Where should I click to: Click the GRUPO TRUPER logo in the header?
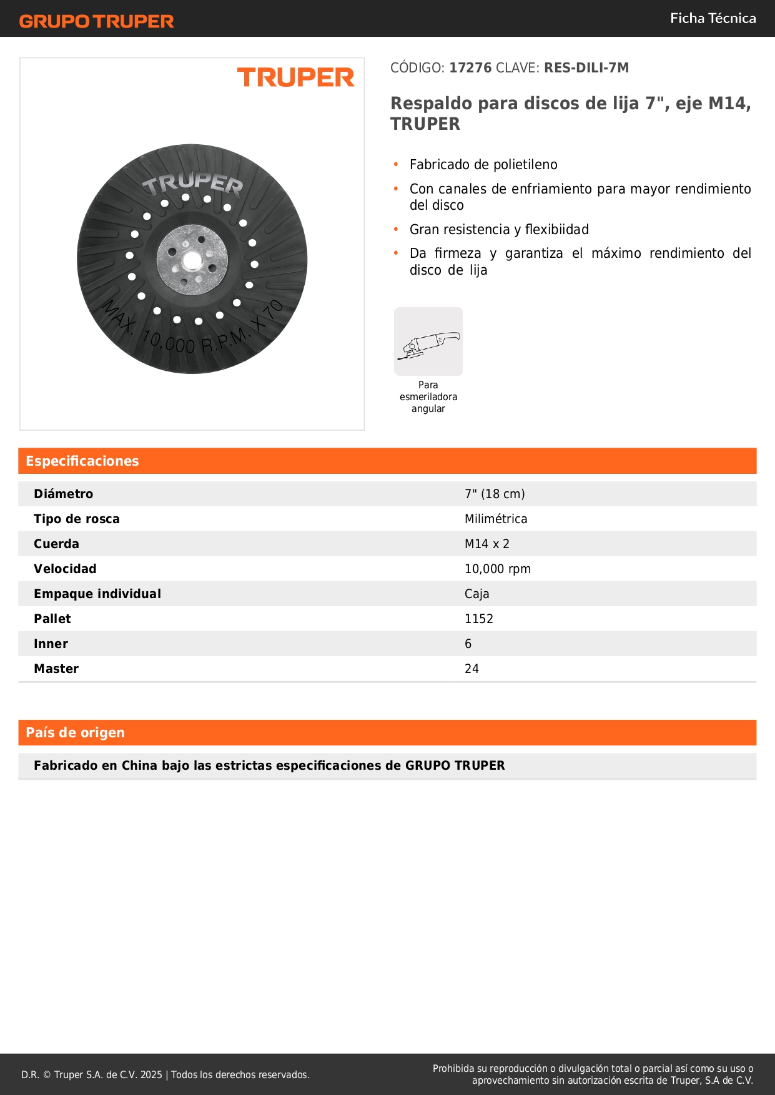tap(96, 21)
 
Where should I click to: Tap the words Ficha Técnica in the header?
tap(713, 18)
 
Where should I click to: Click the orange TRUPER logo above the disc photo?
tap(295, 77)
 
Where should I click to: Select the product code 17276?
tap(470, 67)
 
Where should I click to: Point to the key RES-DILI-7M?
tap(586, 67)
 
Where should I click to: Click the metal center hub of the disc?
tap(192, 259)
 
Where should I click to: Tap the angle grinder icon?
tap(428, 341)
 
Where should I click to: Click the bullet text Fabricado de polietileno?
tap(483, 165)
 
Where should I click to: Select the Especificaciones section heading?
tap(82, 461)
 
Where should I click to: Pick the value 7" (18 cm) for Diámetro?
tap(495, 494)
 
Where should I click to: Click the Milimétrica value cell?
tap(496, 519)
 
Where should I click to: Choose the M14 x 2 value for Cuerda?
tap(487, 544)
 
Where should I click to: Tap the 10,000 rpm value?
tap(498, 569)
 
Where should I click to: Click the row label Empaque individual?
tap(97, 594)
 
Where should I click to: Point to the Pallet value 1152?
tap(479, 619)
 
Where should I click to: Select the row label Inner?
tap(51, 644)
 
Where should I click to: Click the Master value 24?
tap(472, 669)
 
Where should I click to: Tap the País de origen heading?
tap(76, 732)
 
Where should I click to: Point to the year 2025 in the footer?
tap(151, 1074)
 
